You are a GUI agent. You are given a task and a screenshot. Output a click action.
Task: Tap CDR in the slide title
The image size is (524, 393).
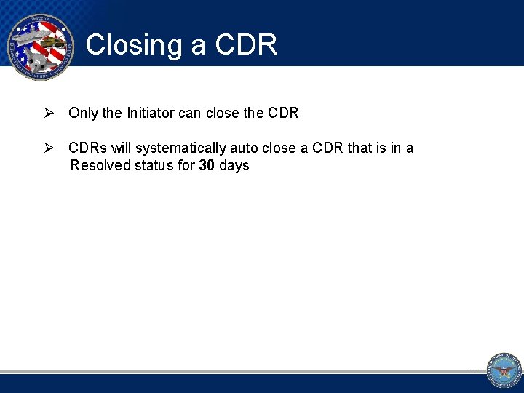pos(246,45)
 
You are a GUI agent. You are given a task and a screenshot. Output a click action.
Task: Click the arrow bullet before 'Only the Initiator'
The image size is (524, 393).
pos(49,114)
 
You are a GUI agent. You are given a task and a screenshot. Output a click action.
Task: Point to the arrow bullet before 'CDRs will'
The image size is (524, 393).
pos(49,148)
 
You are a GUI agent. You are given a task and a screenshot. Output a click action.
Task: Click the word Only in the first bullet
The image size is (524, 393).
pos(82,114)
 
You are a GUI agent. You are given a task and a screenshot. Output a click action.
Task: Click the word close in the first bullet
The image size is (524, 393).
pos(222,114)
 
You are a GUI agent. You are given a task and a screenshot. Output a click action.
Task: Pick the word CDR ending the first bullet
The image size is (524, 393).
pos(284,114)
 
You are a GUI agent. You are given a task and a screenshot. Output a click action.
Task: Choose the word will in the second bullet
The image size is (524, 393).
pos(121,148)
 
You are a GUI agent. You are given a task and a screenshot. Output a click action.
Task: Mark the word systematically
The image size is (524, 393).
pos(180,148)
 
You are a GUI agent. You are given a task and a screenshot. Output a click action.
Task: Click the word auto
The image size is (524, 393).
pos(244,148)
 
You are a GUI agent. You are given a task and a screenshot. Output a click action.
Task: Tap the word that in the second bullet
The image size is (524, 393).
pos(360,148)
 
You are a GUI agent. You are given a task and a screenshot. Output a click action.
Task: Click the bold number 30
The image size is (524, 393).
pos(207,166)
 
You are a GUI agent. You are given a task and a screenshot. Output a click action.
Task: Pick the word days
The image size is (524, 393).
pos(234,166)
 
